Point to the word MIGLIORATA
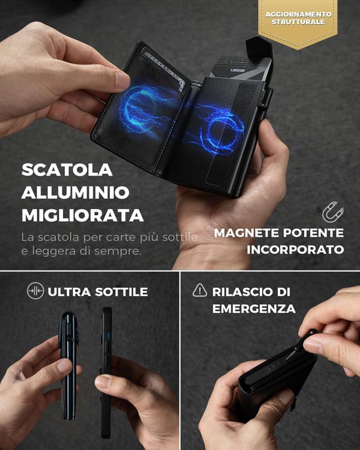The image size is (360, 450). (x=82, y=215)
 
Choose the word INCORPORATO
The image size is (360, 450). (x=295, y=250)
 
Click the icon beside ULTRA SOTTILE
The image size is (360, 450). (x=35, y=291)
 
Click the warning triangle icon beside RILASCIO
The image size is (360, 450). (x=200, y=291)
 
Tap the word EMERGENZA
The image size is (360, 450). (x=251, y=309)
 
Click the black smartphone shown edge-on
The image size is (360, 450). (x=106, y=371)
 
